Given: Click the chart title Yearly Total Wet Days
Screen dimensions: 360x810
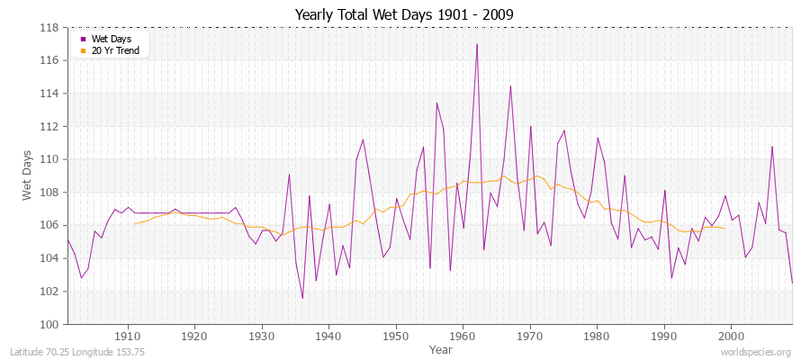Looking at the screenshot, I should coord(404,14).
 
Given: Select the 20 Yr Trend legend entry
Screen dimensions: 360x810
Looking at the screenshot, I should coord(116,50).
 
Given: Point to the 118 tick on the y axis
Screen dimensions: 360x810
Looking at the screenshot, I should coord(52,27).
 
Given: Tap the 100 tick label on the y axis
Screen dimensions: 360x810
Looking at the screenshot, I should coord(52,324).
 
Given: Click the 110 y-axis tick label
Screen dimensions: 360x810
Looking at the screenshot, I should coord(52,159).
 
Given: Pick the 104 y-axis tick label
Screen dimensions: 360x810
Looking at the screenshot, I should coord(52,258).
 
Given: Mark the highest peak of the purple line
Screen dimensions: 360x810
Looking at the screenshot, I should coord(476,44).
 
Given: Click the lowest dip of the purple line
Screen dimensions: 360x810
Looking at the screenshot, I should coord(302,298).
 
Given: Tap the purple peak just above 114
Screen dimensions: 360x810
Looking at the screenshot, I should coord(510,86).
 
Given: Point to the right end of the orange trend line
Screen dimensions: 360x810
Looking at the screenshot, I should coord(724,229).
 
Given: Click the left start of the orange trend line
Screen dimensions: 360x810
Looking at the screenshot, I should coord(134,224).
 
